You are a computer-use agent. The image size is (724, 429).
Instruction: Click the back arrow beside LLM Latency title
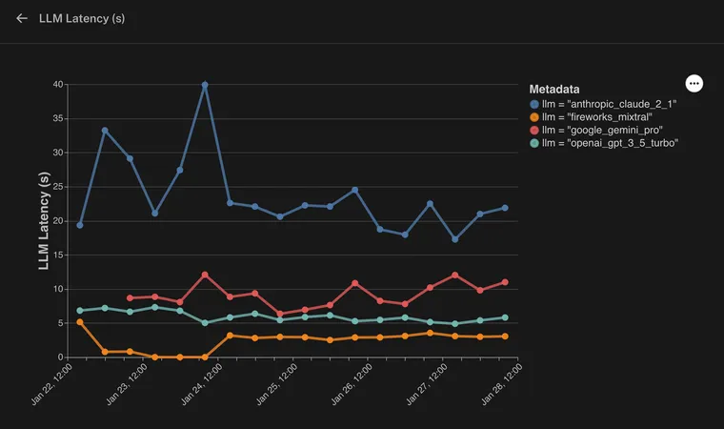(x=22, y=18)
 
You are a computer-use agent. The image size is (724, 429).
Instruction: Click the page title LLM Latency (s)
(x=82, y=18)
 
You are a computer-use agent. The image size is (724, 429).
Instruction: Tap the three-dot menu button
(x=694, y=84)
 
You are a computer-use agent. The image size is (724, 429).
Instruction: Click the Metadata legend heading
(x=561, y=89)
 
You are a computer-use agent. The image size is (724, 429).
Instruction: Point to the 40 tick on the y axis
(x=58, y=85)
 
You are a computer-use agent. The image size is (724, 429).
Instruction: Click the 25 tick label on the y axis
(x=58, y=187)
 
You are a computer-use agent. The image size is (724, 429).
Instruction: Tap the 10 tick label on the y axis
(x=58, y=289)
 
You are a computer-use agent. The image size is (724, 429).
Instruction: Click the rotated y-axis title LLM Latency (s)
(x=44, y=221)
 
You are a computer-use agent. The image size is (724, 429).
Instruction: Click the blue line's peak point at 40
(x=205, y=85)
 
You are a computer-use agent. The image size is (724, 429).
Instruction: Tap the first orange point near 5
(x=80, y=322)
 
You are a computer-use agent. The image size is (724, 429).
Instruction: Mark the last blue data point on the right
(x=505, y=208)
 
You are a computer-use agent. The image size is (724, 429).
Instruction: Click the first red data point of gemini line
(x=131, y=298)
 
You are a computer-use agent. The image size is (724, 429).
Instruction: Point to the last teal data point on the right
(x=505, y=317)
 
